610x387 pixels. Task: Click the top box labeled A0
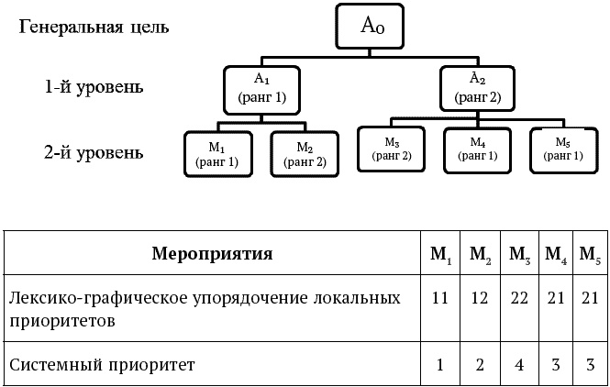(x=371, y=28)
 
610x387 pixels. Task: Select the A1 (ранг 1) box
(x=263, y=88)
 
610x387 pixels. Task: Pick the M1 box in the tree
(x=217, y=153)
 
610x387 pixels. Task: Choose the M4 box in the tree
(x=477, y=149)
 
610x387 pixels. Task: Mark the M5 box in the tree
(x=563, y=149)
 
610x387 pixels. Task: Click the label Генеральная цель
(x=94, y=26)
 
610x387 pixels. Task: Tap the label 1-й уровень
(x=94, y=88)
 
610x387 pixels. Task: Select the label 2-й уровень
(x=94, y=151)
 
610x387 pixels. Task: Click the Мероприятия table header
(x=212, y=253)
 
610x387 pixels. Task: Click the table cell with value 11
(x=439, y=300)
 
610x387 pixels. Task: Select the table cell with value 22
(x=519, y=300)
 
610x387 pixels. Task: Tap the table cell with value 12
(x=479, y=300)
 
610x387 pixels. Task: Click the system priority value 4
(x=519, y=365)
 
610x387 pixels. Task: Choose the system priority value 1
(x=439, y=365)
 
